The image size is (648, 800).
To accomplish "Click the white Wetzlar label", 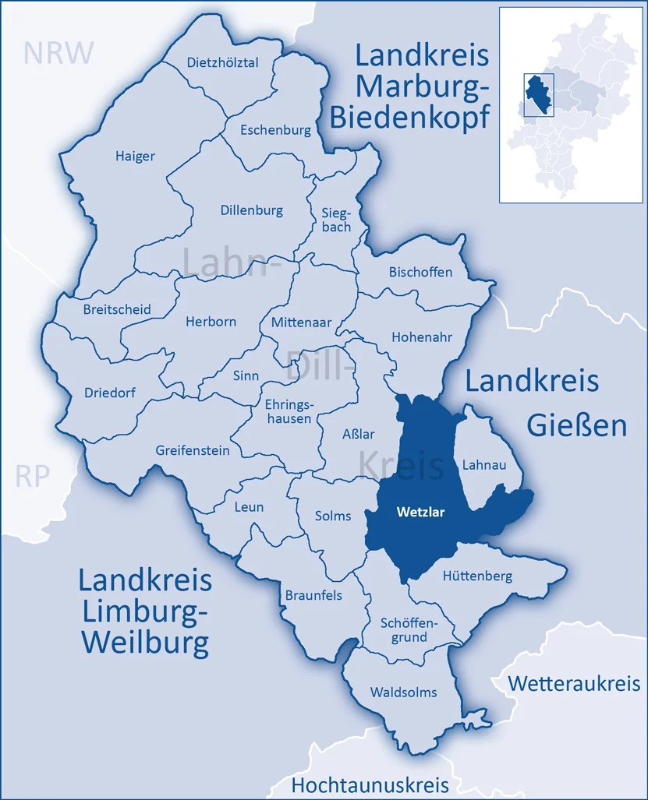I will pos(420,513).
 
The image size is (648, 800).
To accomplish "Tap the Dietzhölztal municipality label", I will pos(223,63).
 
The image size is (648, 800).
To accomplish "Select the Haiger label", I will pos(135,156).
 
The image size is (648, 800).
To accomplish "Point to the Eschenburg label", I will pos(275,130).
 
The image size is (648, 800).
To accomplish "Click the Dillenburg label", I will pos(251,210).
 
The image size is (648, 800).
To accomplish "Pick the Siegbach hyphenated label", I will pos(336,219).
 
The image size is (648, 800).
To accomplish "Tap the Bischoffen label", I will pos(420,272).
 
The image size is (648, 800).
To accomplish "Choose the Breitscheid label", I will pos(117,309).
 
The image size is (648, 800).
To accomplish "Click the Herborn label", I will pos(211,321).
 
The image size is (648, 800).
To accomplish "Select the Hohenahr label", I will pos(422,338).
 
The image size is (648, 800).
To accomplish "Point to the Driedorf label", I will pos(109,393).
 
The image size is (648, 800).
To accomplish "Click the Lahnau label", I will pos(484,465).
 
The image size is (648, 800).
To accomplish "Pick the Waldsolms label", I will pos(403,692).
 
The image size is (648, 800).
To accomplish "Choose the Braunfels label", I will pos(313,595).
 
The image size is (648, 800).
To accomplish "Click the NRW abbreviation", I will pos(58,52).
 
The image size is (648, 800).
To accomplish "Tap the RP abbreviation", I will pos(33,476).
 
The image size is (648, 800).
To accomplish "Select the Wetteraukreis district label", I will pos(574,683).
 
